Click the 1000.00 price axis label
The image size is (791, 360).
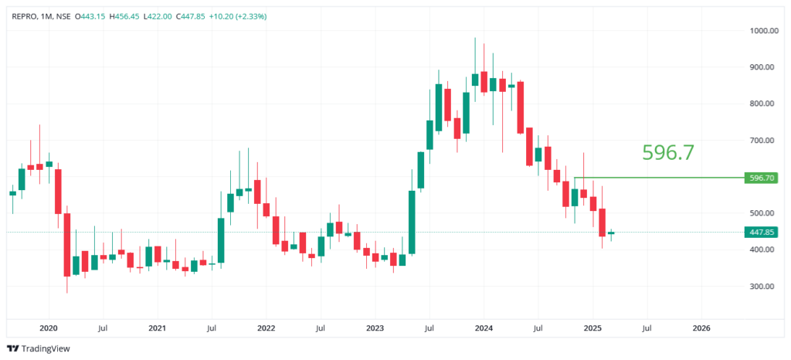click(x=761, y=31)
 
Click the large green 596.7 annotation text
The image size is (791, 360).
click(x=668, y=152)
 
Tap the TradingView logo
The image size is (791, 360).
click(x=38, y=348)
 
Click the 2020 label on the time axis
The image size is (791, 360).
click(x=48, y=328)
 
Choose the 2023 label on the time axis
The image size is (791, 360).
click(x=375, y=328)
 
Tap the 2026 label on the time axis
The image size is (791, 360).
click(x=701, y=328)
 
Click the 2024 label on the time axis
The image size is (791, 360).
click(x=483, y=328)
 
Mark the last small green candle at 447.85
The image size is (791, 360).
click(x=611, y=233)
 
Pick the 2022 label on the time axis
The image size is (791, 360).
click(x=266, y=328)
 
